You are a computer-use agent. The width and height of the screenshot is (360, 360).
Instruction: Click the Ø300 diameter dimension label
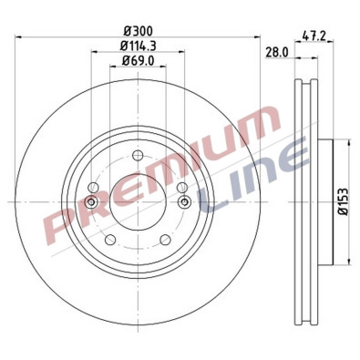137,29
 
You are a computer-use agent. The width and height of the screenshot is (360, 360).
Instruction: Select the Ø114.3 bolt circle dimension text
137,45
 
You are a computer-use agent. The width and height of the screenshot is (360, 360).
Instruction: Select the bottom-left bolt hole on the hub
109,240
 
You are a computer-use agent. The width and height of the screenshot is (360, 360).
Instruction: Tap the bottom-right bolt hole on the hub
165,240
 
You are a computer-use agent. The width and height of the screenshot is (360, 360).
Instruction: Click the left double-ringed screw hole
91,201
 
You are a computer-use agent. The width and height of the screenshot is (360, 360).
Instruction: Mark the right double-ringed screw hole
183,201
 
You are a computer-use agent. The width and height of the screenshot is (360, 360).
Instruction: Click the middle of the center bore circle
137,202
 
